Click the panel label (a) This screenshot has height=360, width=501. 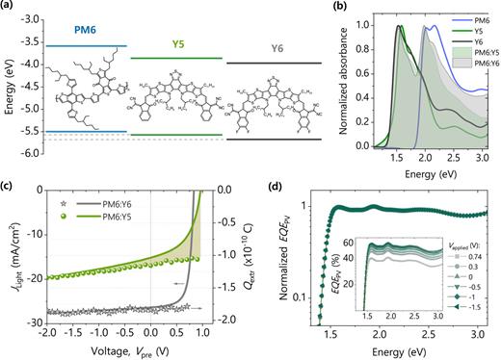tap(10, 8)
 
